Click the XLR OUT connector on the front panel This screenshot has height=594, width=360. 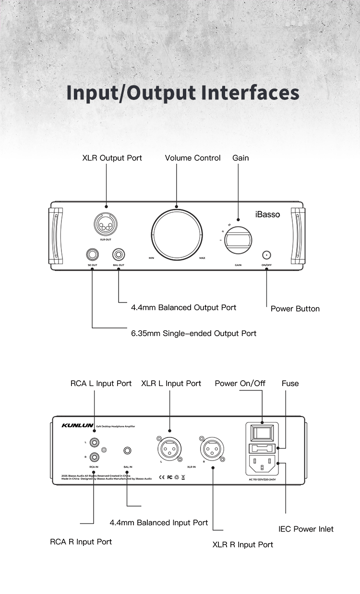106,224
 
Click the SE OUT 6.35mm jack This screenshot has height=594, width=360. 92,254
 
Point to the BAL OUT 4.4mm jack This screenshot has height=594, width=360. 118,254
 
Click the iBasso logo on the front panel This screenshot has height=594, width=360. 267,215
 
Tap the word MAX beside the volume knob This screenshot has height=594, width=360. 202,258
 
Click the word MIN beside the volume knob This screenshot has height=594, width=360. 151,258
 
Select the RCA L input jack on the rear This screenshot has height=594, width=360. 94,442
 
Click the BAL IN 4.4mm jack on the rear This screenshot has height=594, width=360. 127,450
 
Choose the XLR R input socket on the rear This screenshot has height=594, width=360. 212,449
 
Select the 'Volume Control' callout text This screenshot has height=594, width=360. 192,158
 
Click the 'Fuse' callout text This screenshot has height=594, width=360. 290,383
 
